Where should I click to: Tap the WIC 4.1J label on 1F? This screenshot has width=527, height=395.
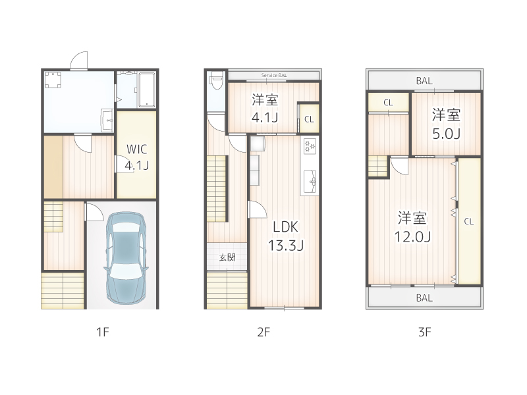136,157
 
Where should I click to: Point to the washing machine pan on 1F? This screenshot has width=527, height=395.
53,80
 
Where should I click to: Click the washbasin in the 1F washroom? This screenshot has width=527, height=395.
107,120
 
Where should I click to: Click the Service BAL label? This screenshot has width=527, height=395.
274,75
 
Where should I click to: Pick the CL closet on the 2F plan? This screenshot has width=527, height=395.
308,119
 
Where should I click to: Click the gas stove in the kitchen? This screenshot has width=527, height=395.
310,146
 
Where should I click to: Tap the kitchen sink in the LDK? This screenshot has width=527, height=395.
310,178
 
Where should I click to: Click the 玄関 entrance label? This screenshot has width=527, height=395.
227,257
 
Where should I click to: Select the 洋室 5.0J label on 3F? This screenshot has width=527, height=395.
446,124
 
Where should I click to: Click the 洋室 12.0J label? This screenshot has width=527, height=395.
412,226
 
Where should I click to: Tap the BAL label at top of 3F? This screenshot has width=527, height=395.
424,81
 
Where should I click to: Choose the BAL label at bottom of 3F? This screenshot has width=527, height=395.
424,298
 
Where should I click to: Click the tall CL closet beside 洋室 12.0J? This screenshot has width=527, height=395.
468,221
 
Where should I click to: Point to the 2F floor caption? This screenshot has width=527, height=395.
263,332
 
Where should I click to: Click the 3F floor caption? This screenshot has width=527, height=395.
424,332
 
